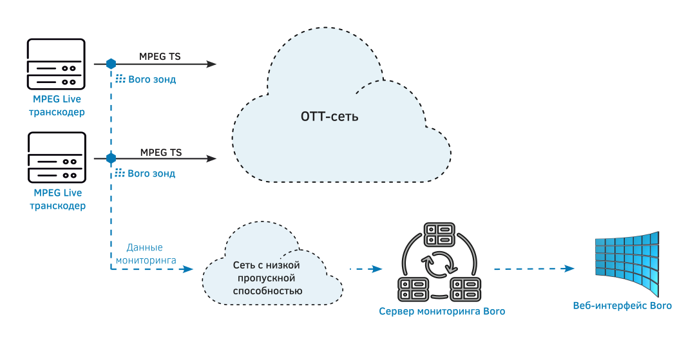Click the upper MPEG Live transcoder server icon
tap(56, 64)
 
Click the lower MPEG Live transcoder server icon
tap(56, 158)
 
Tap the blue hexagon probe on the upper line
tap(111, 64)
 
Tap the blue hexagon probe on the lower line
tap(111, 158)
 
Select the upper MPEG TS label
tap(160, 57)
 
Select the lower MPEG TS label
tap(161, 153)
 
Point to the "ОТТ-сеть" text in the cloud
tap(329, 117)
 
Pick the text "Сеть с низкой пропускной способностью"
tap(267, 278)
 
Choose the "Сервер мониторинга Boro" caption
tap(442, 312)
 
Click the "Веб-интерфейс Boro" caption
tap(622, 305)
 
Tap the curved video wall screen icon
tap(626, 263)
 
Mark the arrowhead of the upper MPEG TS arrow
tap(211, 64)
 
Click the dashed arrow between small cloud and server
tap(365, 269)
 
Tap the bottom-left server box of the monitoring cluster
tap(414, 289)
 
